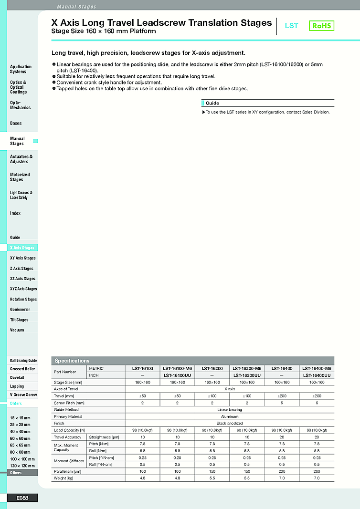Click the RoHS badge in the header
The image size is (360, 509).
click(x=321, y=26)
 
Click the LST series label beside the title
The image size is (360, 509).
click(x=291, y=26)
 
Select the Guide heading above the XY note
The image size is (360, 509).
click(x=212, y=103)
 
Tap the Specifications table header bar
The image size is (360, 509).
click(x=193, y=361)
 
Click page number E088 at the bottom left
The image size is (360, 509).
click(x=22, y=498)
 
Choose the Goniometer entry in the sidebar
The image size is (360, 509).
click(x=20, y=310)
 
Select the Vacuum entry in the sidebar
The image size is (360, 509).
click(x=17, y=330)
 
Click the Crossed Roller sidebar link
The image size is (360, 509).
click(x=22, y=369)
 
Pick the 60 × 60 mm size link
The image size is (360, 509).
click(x=20, y=438)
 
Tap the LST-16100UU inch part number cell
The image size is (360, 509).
click(x=177, y=375)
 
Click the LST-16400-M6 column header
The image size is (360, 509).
click(x=317, y=368)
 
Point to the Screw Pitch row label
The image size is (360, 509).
click(x=69, y=403)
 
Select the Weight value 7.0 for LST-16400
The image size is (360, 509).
click(x=282, y=478)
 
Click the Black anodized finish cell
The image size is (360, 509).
click(x=230, y=423)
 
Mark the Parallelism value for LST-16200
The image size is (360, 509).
click(x=212, y=471)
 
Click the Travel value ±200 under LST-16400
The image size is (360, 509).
click(x=282, y=396)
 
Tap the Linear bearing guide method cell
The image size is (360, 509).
click(x=230, y=409)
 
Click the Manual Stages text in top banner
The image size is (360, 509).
click(x=76, y=7)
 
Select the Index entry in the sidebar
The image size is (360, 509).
click(x=15, y=213)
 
